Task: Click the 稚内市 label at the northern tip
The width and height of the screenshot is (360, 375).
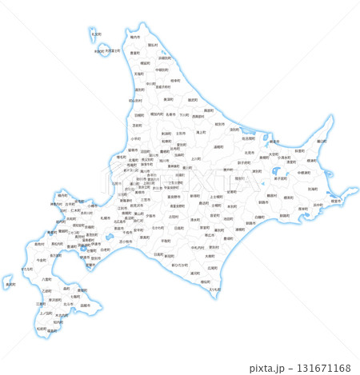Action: click(135, 37)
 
